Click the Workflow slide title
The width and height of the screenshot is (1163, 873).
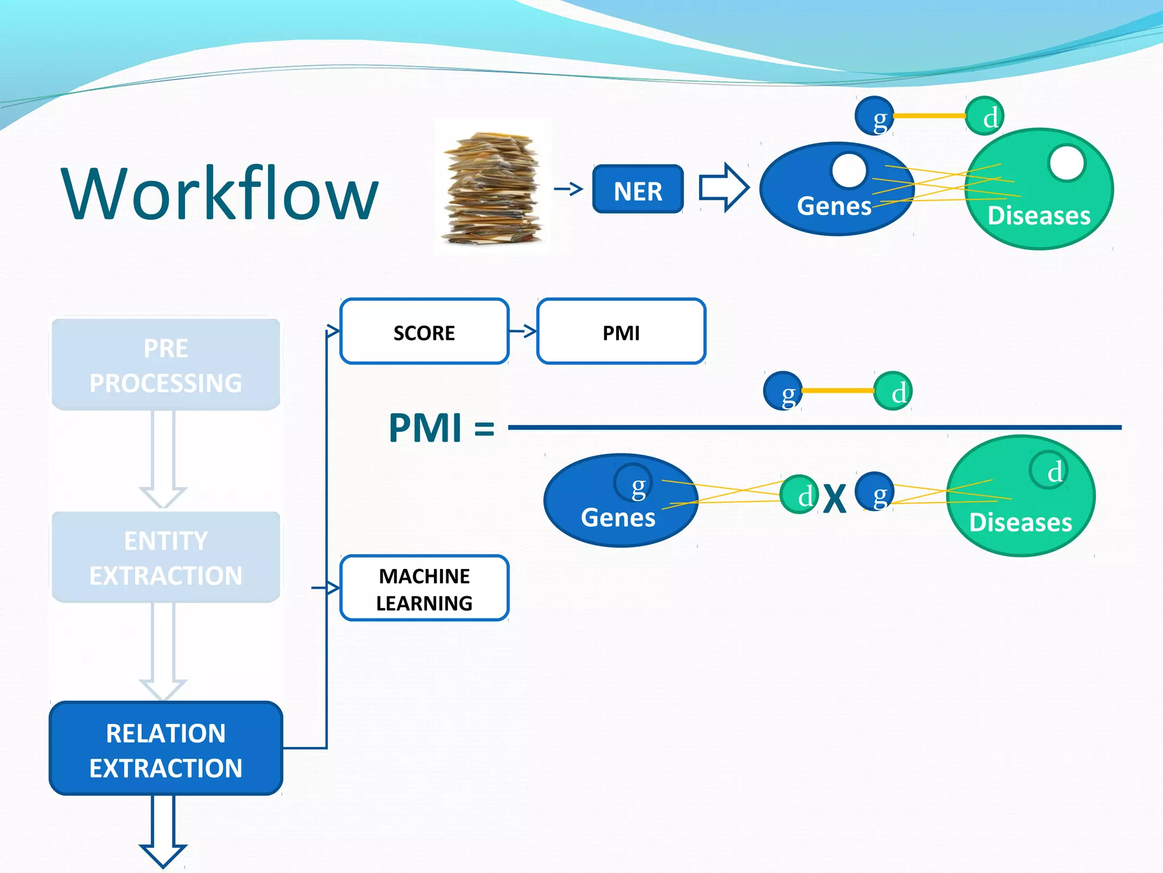(219, 193)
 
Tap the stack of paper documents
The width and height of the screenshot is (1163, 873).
(492, 188)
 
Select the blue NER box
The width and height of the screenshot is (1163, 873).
(638, 190)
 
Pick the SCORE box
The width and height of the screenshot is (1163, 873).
(424, 332)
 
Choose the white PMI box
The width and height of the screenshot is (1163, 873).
(621, 332)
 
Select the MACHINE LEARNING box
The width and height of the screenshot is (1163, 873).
(424, 589)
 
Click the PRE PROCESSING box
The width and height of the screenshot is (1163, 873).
(165, 365)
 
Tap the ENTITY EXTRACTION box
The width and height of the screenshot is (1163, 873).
(165, 558)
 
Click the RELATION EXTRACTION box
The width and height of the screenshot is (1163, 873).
(165, 749)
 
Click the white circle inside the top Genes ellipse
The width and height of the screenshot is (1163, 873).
(849, 171)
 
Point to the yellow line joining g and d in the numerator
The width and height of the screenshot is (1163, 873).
(838, 390)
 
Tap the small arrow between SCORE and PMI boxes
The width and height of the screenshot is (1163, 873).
(523, 331)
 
